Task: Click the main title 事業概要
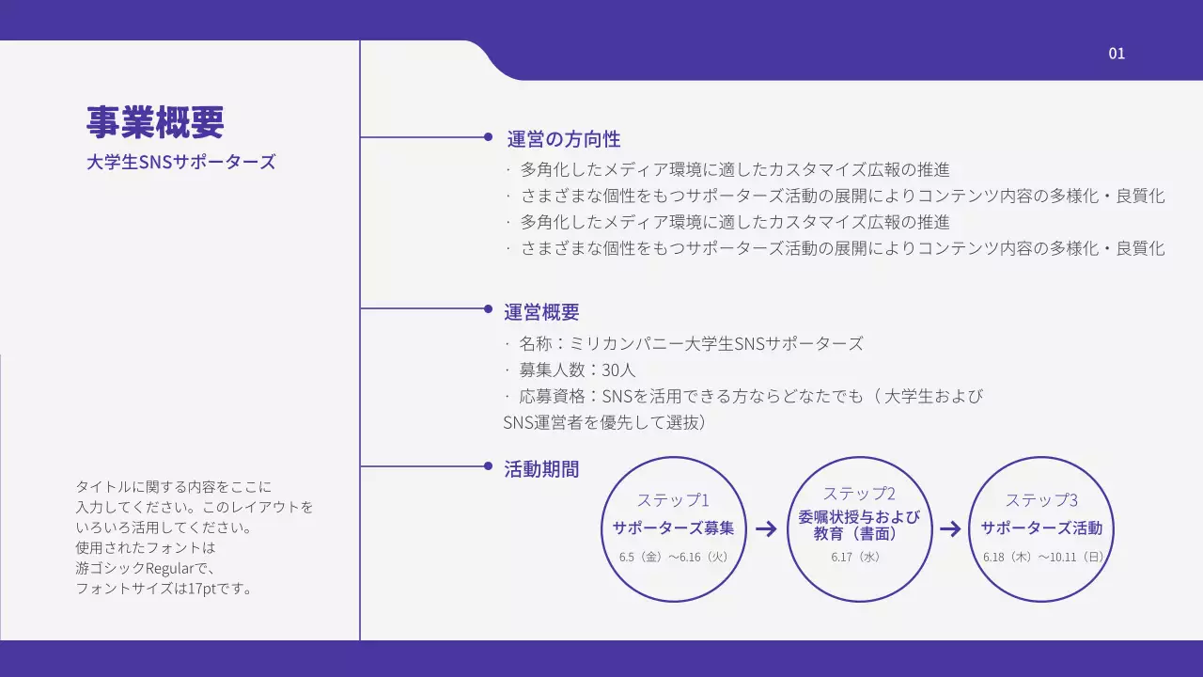[155, 122]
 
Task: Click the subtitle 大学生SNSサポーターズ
[180, 162]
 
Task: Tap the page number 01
[1117, 54]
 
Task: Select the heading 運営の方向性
[564, 139]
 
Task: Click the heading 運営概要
[541, 312]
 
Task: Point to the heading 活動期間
[541, 469]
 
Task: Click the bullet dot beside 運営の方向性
[488, 137]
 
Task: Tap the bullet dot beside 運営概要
[488, 308]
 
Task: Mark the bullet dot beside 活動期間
[488, 466]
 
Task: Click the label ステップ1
[673, 500]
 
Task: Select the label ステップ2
[859, 494]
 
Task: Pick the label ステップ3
[1041, 500]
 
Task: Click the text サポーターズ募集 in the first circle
[673, 527]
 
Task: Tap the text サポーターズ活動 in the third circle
[1041, 527]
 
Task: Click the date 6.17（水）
[855, 557]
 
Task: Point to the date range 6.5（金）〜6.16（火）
[673, 557]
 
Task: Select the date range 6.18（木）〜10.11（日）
[1042, 557]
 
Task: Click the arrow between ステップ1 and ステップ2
[766, 528]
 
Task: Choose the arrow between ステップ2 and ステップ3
[950, 528]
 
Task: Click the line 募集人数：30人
[577, 370]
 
